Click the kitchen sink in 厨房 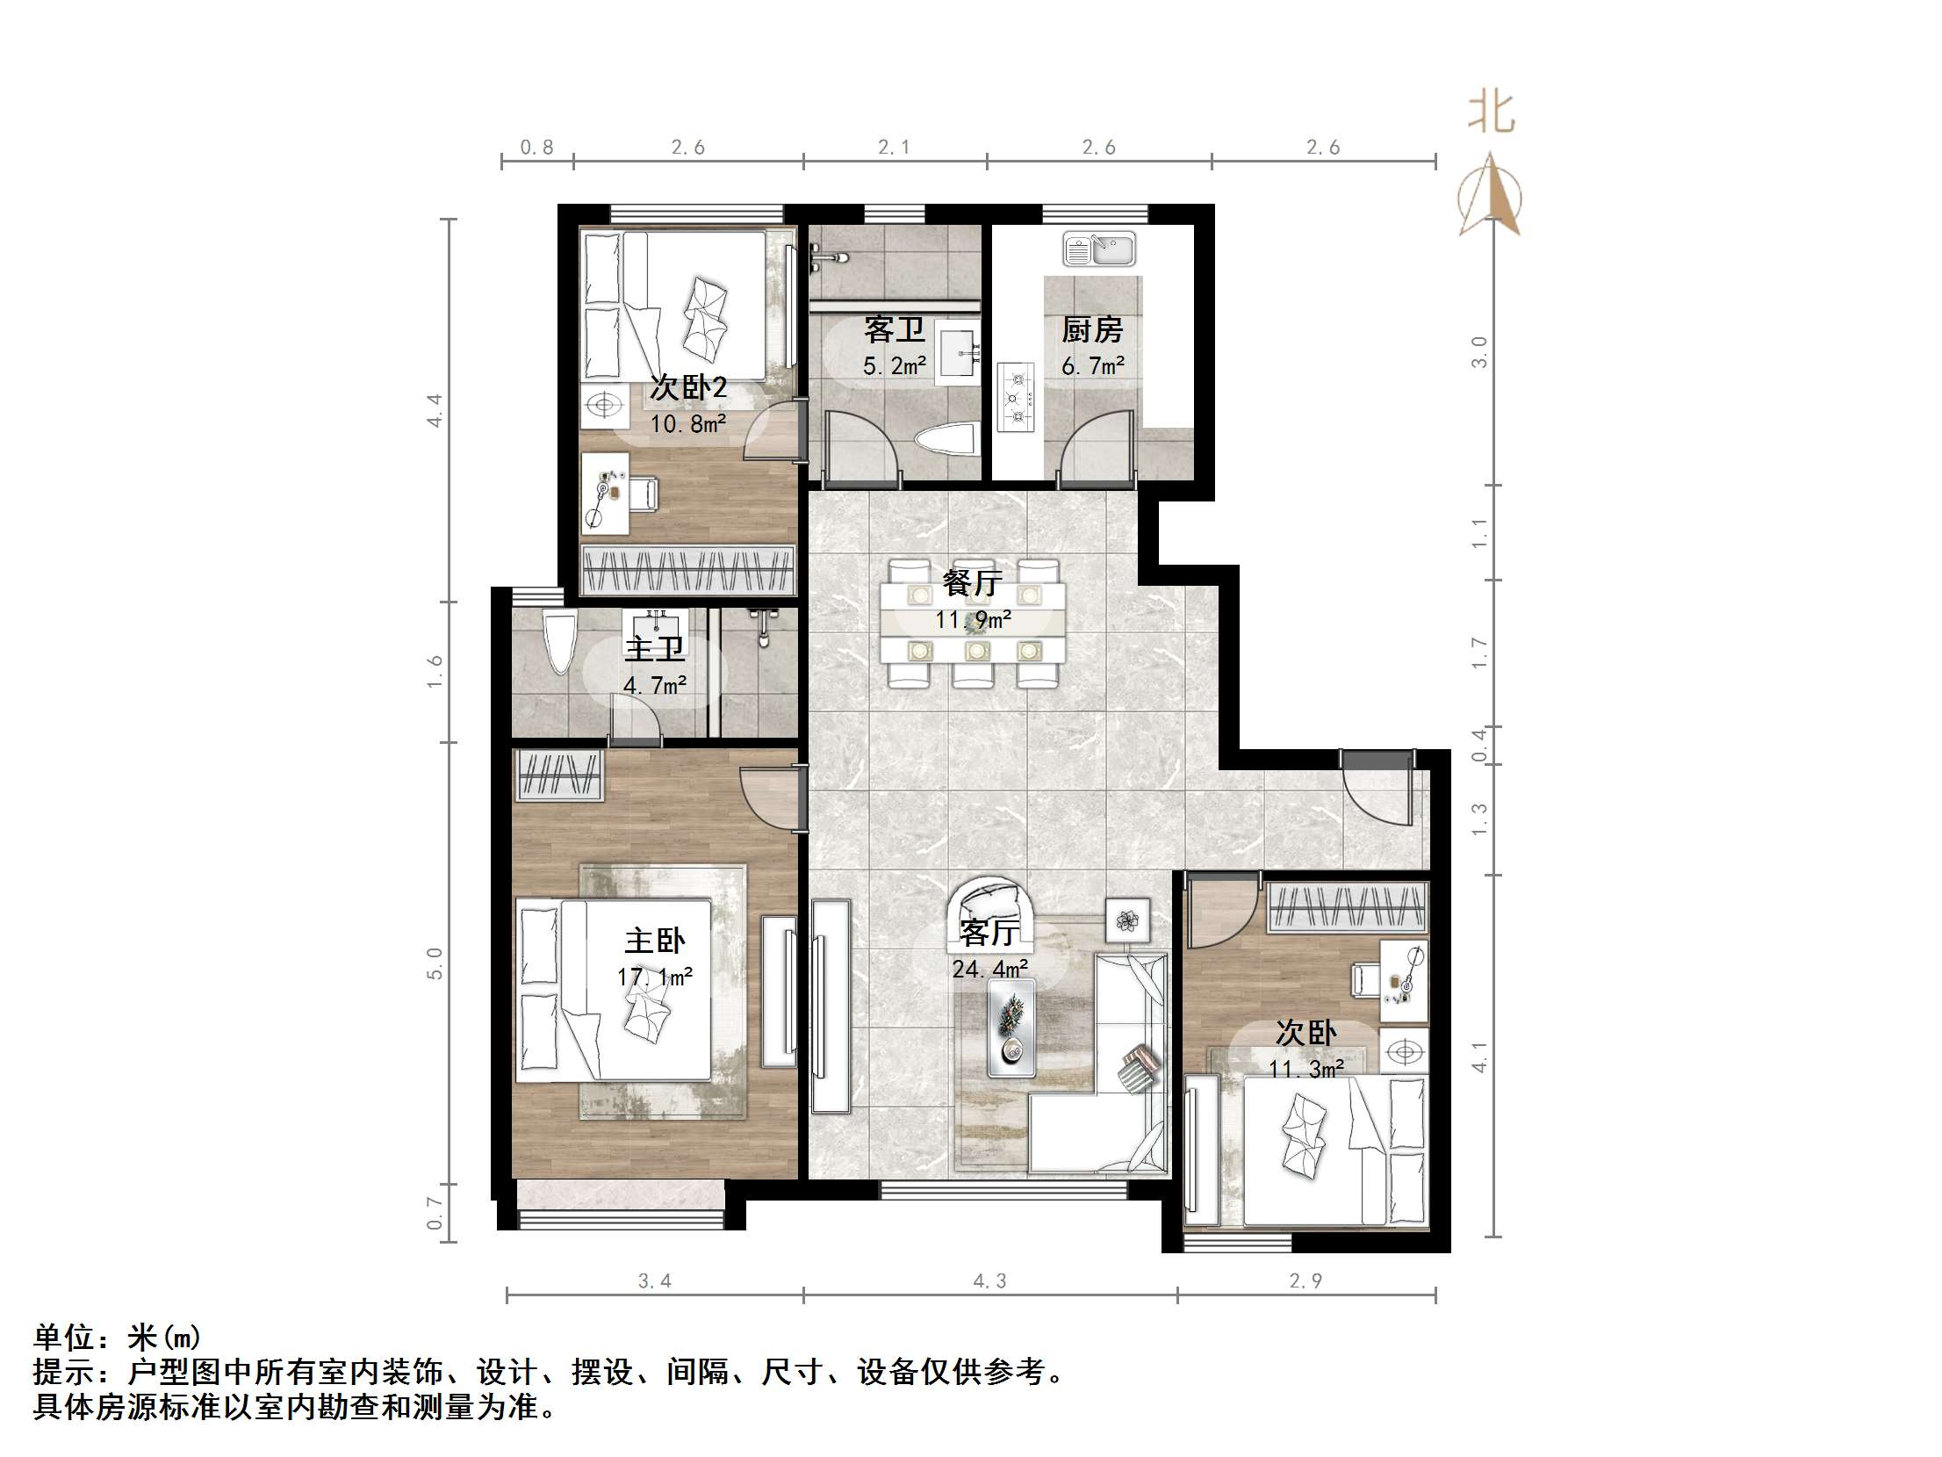click(1099, 249)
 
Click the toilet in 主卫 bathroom click(558, 642)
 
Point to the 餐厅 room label click(972, 582)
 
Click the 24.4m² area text click(990, 969)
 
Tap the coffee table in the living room click(1011, 1027)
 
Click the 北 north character click(1492, 114)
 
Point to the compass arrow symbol click(1490, 198)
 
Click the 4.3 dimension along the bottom click(989, 1281)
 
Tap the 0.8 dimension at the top click(536, 148)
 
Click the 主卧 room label click(654, 941)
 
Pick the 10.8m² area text click(687, 425)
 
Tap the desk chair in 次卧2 click(644, 493)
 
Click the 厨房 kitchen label click(1092, 330)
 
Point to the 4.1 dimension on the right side click(1480, 1057)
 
